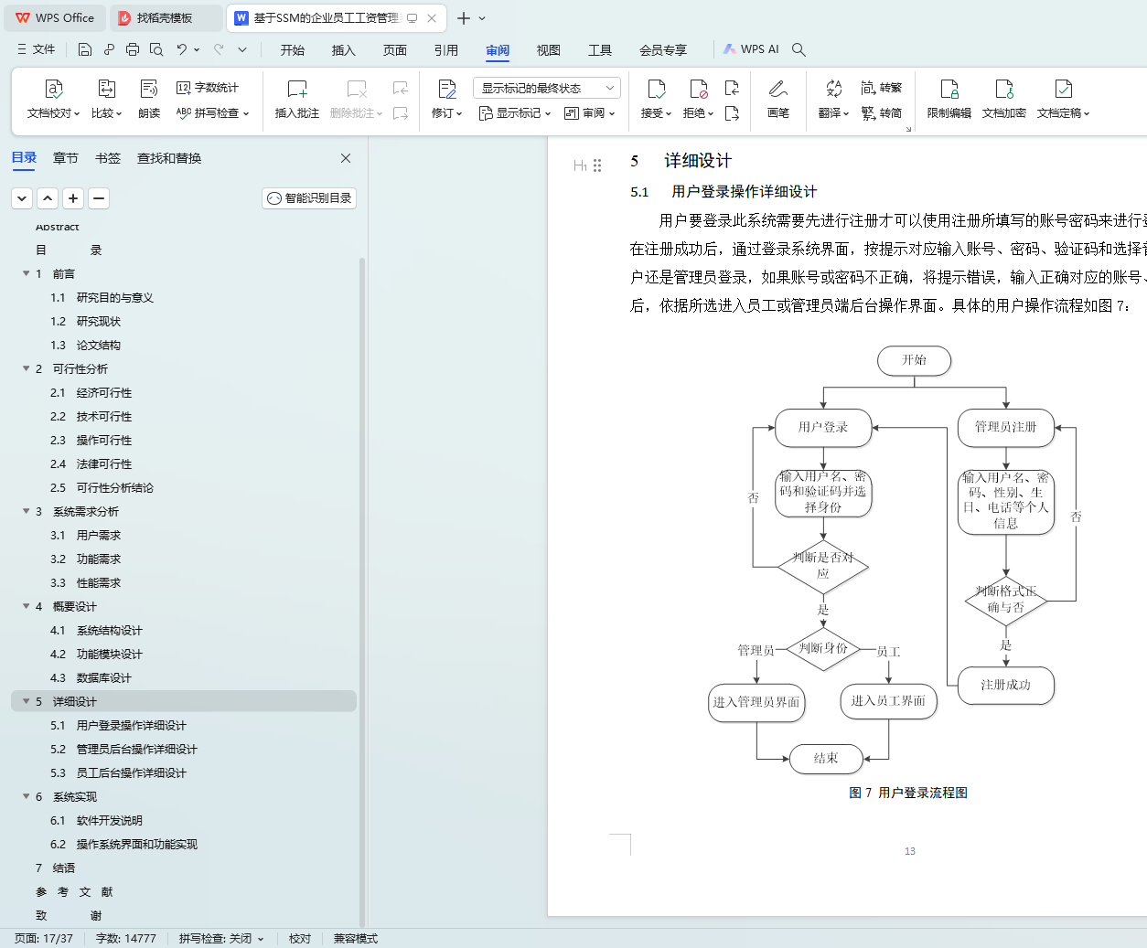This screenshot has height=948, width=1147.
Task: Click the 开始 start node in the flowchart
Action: click(914, 360)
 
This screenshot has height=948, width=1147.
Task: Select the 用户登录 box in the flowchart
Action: click(822, 427)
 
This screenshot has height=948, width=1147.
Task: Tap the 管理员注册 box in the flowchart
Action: click(1005, 427)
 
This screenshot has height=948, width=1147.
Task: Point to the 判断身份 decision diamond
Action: click(823, 648)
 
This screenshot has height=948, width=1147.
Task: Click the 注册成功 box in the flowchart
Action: click(1005, 685)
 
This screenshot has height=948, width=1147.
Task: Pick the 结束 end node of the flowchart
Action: click(826, 758)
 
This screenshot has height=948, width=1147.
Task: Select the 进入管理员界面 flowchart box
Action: click(756, 702)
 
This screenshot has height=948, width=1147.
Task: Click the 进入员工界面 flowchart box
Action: click(888, 701)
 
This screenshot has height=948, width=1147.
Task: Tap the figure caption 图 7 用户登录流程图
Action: click(908, 793)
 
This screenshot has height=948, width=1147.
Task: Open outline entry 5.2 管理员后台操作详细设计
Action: click(136, 749)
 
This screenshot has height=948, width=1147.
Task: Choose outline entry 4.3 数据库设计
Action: click(103, 677)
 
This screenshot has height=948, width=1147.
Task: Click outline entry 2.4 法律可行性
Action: click(103, 463)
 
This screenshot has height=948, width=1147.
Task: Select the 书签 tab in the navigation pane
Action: click(108, 158)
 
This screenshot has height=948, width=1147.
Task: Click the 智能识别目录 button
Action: click(309, 198)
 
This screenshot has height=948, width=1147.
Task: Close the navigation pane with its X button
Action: click(346, 158)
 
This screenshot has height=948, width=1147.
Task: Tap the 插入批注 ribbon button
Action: click(297, 99)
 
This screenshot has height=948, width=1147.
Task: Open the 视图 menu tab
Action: click(548, 50)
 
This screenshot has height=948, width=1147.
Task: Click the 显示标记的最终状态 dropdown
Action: click(547, 88)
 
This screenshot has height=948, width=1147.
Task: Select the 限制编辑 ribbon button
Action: click(949, 99)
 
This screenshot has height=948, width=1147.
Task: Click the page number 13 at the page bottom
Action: click(910, 851)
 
